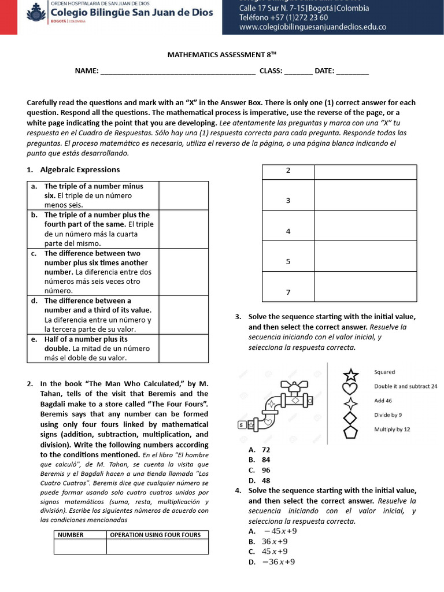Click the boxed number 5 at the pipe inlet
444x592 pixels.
coord(241,425)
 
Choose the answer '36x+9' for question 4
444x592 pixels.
coord(275,542)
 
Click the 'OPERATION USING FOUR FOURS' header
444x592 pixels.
coord(156,535)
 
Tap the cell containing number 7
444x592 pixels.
coord(288,293)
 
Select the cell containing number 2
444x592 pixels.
coord(288,171)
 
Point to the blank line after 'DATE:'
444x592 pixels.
coord(352,71)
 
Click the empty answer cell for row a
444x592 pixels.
coord(183,195)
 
